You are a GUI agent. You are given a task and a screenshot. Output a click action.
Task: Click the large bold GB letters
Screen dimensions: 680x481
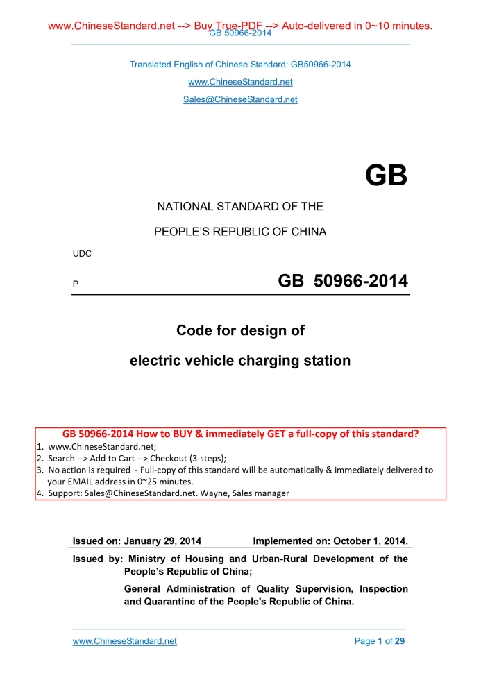386,176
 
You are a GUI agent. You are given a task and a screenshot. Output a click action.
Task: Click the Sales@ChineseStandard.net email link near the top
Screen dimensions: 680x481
240,99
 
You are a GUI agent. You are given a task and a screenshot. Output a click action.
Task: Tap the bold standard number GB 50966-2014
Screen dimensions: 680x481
342,281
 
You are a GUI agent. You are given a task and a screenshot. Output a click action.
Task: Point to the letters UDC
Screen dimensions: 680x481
83,254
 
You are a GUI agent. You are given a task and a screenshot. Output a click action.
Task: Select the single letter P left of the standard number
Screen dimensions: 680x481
76,284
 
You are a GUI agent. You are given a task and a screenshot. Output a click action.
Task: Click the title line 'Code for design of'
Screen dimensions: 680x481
240,330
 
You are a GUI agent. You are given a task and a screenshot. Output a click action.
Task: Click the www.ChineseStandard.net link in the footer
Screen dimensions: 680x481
125,641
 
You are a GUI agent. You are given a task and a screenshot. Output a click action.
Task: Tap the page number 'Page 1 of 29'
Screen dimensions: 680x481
379,641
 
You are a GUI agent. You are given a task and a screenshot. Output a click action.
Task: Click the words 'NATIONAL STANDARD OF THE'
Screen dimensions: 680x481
240,206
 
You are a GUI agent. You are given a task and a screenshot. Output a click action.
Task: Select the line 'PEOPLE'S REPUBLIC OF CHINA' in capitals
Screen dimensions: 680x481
240,231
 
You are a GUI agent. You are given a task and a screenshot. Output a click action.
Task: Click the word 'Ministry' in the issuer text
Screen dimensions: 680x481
149,559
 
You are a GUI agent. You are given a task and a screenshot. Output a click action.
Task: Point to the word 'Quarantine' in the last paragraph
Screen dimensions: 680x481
151,602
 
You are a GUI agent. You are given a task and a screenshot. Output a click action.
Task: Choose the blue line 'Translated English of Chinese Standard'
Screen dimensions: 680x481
240,65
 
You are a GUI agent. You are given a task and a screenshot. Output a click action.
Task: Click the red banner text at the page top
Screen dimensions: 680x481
240,26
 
